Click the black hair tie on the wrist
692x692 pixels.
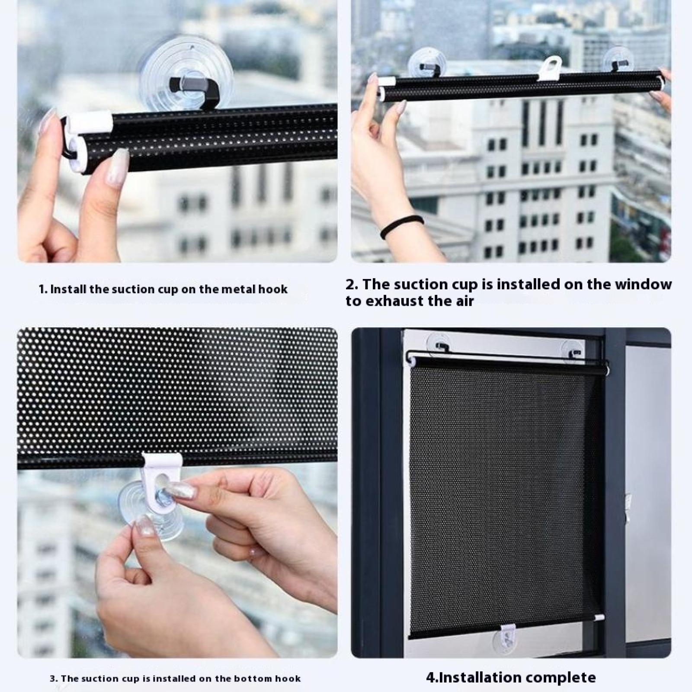click(401, 226)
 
